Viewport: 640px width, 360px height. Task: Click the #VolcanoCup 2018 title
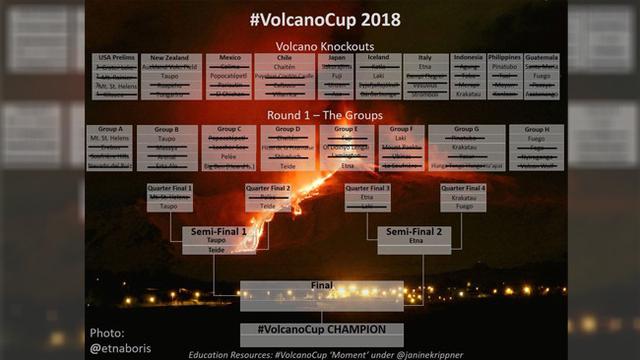tap(319, 19)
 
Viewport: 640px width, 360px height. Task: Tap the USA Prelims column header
tap(113, 58)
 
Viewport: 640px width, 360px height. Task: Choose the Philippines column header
tap(505, 58)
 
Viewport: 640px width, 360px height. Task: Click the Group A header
tap(106, 129)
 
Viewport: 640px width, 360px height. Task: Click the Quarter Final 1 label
tap(169, 187)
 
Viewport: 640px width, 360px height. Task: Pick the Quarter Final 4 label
tap(463, 187)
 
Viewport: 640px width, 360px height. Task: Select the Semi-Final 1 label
tap(216, 231)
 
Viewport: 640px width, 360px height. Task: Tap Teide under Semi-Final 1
tap(216, 250)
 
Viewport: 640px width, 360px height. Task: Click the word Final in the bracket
tap(321, 285)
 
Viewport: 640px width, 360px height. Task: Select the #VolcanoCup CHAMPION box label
tap(321, 328)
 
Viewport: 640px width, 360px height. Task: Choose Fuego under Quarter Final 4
tap(463, 206)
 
